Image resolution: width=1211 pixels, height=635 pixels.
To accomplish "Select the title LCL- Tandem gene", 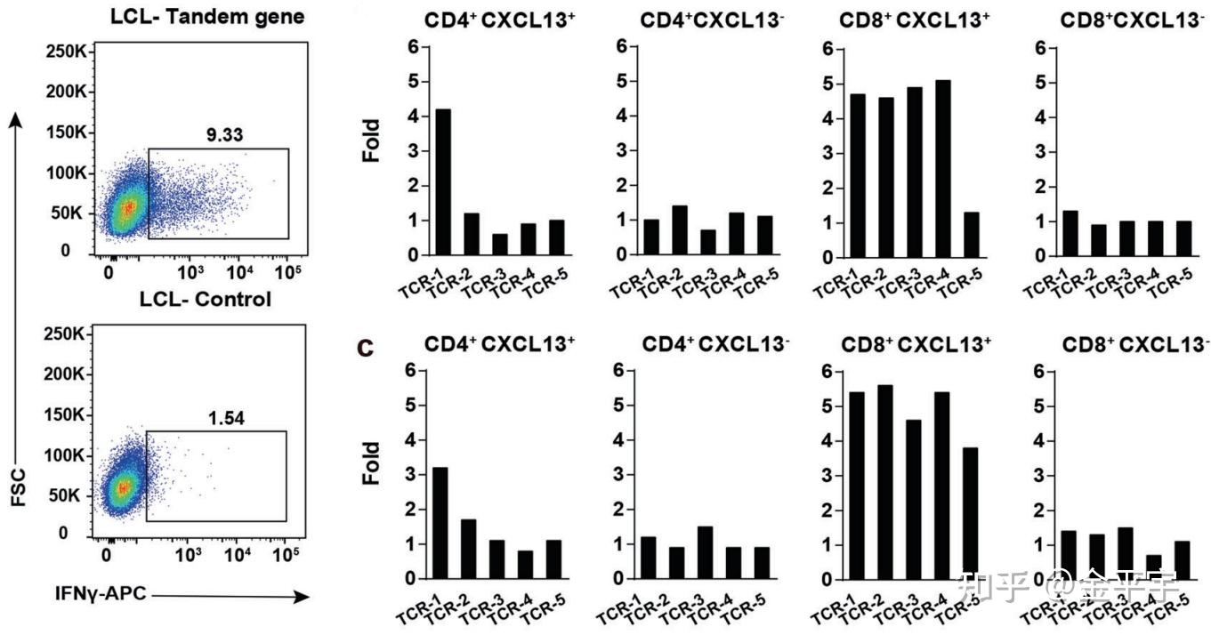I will pyautogui.click(x=207, y=16).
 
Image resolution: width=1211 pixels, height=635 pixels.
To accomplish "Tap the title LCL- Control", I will pyautogui.click(x=206, y=299).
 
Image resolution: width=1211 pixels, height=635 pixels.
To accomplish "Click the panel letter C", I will pyautogui.click(x=365, y=348).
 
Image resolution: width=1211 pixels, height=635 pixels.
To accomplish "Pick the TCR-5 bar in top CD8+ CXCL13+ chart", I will pyautogui.click(x=972, y=234).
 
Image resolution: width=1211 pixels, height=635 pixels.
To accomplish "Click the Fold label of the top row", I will pyautogui.click(x=371, y=141).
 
